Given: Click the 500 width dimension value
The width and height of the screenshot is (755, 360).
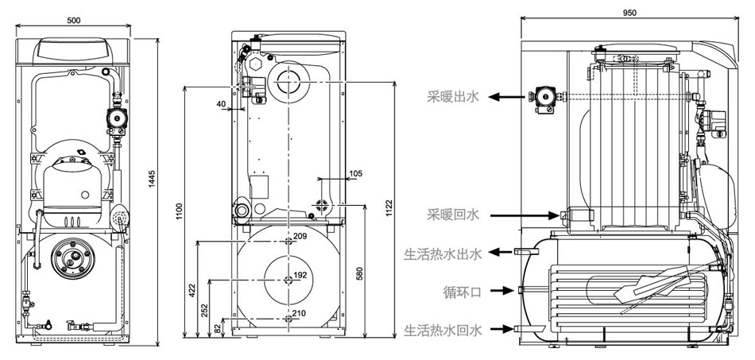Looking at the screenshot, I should (73, 20).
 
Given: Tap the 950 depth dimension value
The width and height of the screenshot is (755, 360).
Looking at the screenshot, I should (629, 14).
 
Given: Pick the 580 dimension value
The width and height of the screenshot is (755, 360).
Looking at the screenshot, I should (359, 273).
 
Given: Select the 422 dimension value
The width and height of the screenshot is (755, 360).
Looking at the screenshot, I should (191, 289).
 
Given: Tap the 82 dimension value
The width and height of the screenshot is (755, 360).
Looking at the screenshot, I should (219, 327).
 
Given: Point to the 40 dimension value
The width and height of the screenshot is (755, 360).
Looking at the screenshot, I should (220, 103).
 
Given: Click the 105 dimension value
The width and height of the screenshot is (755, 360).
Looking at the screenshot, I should (355, 172).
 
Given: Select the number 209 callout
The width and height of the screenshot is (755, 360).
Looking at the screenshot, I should (300, 237).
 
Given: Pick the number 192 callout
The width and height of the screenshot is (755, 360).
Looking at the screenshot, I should (300, 275).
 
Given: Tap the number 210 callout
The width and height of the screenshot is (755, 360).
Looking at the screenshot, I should (299, 313).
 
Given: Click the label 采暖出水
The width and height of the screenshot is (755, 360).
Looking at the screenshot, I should (455, 97).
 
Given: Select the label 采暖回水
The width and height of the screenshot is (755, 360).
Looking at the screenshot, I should (455, 215).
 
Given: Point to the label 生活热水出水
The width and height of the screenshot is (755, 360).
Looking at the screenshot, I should (443, 253).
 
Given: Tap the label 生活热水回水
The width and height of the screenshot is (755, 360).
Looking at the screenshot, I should (443, 328).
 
